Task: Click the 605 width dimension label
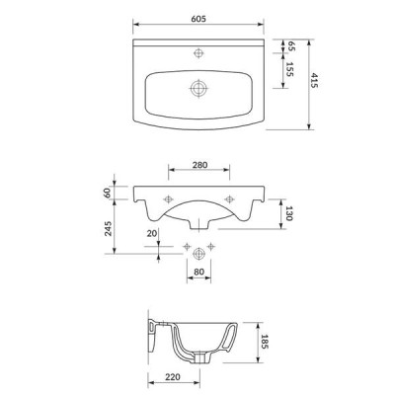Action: (198, 19)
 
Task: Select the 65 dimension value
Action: (291, 46)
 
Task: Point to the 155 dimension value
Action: (289, 69)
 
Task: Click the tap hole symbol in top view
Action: (198, 52)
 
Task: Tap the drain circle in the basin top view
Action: (198, 88)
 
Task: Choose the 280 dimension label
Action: (199, 165)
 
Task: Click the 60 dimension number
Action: (108, 193)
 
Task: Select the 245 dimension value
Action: (108, 228)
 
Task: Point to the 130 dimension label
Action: (289, 213)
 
